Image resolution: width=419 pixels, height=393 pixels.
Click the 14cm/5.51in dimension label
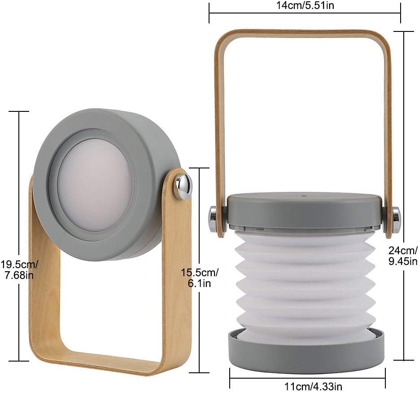(x=305, y=5)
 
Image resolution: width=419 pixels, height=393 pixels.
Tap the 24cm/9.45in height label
(x=403, y=256)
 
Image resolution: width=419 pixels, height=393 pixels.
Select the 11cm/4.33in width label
(x=313, y=386)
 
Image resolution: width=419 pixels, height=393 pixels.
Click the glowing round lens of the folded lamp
(x=95, y=185)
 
